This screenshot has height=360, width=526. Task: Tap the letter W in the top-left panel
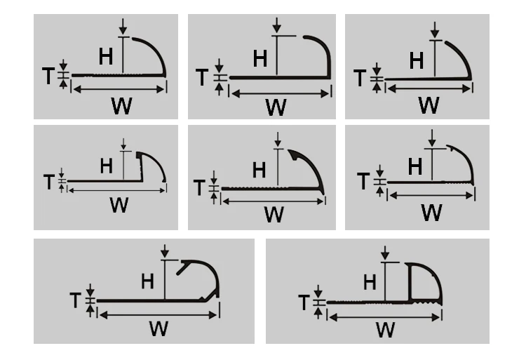click(x=121, y=106)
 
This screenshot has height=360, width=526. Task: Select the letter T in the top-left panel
click(x=48, y=76)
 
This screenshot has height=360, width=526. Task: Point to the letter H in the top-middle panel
click(x=261, y=58)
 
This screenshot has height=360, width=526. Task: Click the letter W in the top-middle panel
click(x=276, y=107)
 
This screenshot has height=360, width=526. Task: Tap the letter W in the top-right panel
click(x=429, y=105)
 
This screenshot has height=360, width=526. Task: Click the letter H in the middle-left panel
click(x=107, y=166)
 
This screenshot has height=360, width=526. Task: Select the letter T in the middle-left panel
click(x=48, y=182)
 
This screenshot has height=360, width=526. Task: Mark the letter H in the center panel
click(x=259, y=169)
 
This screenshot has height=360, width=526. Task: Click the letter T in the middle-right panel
click(x=363, y=182)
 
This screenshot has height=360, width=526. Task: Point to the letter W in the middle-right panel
click(x=431, y=211)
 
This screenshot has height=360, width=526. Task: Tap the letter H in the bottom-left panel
click(x=147, y=281)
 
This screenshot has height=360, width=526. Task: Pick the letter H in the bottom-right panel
click(x=370, y=282)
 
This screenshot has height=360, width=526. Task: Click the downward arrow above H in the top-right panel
click(x=435, y=30)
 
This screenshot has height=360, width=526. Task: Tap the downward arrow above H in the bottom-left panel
click(x=165, y=251)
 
